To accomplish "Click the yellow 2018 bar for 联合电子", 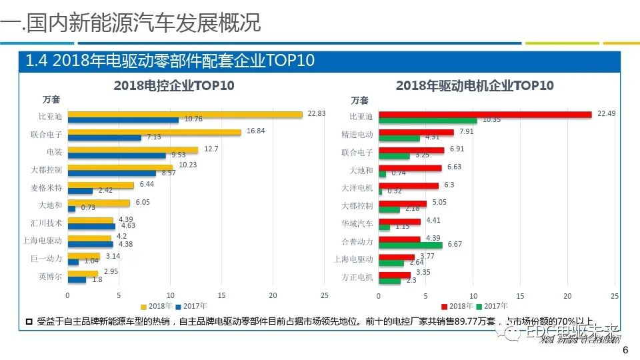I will (154, 132).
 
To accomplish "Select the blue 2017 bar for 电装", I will (117, 155).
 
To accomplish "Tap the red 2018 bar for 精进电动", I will (416, 132).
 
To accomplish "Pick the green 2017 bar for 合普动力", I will (410, 245).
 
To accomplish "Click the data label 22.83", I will (317, 113).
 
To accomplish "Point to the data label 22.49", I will (606, 113).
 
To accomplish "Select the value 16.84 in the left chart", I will (255, 131).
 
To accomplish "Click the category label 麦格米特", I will (50, 187).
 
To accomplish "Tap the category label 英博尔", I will (52, 275).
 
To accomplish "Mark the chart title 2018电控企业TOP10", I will (174, 85).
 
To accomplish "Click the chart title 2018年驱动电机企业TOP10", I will (475, 85).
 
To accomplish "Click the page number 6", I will (624, 351).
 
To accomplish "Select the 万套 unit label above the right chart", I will (359, 101).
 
